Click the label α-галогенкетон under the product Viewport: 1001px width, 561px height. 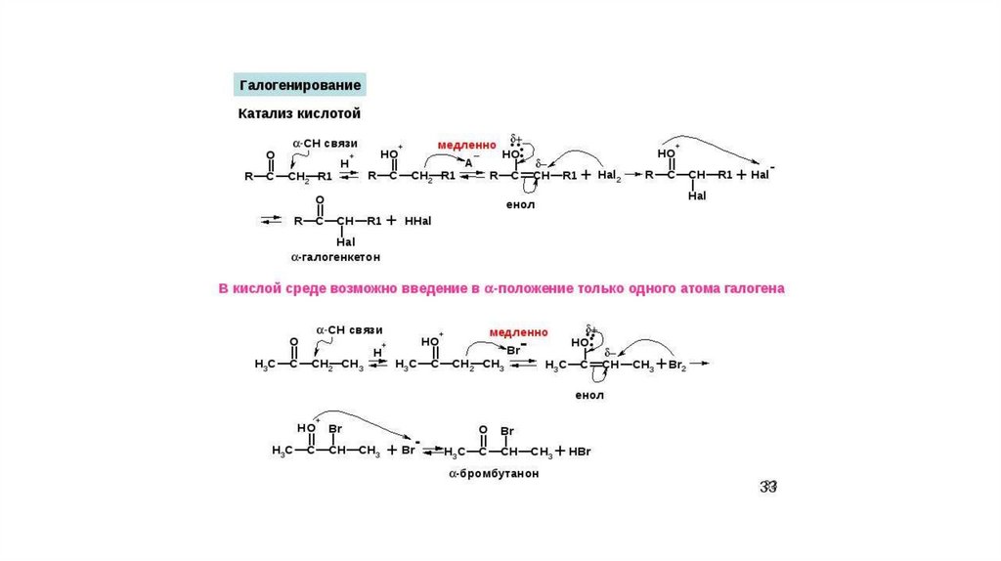[x=334, y=256]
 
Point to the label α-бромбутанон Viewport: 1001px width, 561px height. [x=494, y=473]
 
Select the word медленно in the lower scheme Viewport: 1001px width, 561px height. [x=519, y=331]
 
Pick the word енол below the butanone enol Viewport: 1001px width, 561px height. [x=589, y=395]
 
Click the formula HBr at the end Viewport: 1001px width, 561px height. [x=581, y=452]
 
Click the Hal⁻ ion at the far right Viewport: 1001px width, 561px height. [x=762, y=175]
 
